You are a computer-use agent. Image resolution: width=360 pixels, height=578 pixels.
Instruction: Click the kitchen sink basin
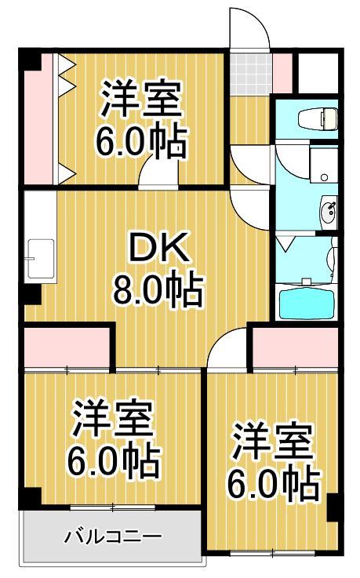(36, 259)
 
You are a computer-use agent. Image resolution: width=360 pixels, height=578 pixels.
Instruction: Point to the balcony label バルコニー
(113, 537)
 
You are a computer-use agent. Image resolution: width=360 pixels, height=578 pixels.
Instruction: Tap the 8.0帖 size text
(158, 292)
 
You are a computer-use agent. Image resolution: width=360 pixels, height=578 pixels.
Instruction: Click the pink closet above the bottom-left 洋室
(67, 346)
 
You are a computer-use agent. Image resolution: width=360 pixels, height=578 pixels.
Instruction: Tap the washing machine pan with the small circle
(322, 165)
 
